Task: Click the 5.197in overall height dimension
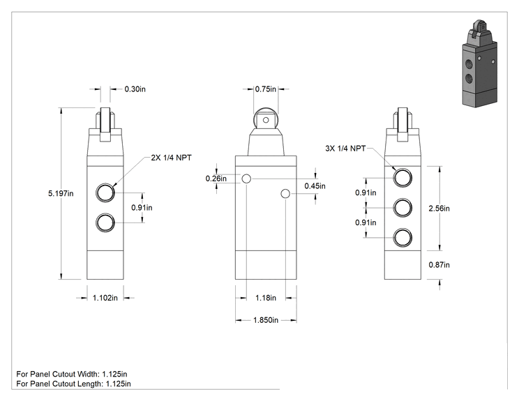click(x=61, y=194)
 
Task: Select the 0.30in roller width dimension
click(x=135, y=89)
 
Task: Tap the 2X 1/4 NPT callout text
click(x=171, y=158)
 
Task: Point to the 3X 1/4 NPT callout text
click(x=345, y=149)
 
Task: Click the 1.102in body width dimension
click(x=105, y=298)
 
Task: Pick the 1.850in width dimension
click(x=266, y=320)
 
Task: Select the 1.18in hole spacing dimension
click(x=266, y=298)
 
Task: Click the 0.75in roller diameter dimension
click(x=266, y=89)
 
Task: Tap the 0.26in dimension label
click(x=216, y=179)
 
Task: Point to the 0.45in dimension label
click(x=315, y=186)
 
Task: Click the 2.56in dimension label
click(x=439, y=209)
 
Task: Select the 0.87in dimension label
click(x=439, y=265)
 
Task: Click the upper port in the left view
click(x=105, y=192)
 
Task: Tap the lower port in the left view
click(x=105, y=222)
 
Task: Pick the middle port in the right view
click(x=403, y=208)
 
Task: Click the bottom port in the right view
click(x=403, y=238)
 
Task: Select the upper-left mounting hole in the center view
click(x=246, y=179)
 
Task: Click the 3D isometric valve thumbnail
click(x=479, y=63)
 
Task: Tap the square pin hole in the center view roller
click(x=266, y=119)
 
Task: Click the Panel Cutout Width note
click(x=71, y=374)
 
